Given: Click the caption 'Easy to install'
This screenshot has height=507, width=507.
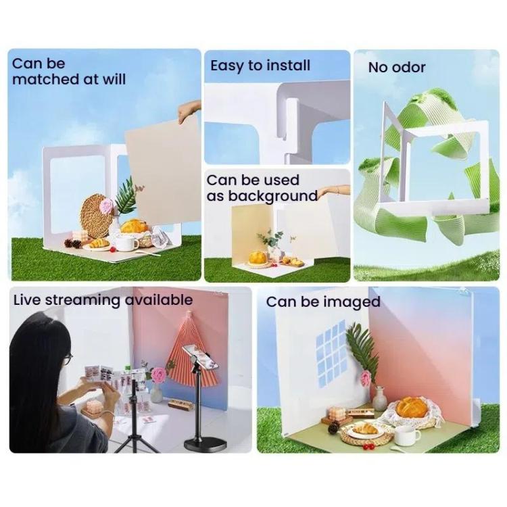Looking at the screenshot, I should (x=260, y=66).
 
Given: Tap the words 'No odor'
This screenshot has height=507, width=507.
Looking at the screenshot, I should (x=397, y=67).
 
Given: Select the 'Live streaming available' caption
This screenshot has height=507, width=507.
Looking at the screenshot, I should (x=103, y=299).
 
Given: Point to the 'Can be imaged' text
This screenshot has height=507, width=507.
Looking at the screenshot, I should (x=323, y=301).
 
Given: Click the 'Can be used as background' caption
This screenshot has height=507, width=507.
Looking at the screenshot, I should (x=262, y=188).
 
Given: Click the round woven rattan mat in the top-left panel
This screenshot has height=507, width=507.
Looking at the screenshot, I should (x=97, y=216).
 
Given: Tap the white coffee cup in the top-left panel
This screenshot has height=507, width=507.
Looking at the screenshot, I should (x=126, y=242).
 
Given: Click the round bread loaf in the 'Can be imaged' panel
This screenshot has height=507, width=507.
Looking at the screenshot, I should (x=412, y=407).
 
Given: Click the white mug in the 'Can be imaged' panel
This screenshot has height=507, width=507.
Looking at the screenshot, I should (x=407, y=435).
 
